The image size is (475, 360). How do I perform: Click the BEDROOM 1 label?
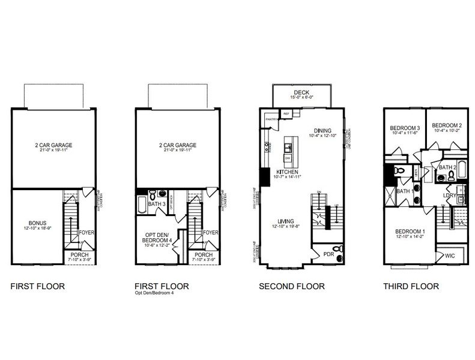click(x=410, y=232)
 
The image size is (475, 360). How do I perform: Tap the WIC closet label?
click(x=450, y=256)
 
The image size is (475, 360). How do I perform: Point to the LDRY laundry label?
click(x=449, y=195)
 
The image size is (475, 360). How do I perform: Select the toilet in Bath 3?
click(x=152, y=195)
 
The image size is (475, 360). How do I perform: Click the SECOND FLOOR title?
click(x=292, y=287)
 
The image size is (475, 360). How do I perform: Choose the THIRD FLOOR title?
click(x=411, y=287)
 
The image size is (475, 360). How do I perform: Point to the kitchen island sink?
click(x=288, y=147)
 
